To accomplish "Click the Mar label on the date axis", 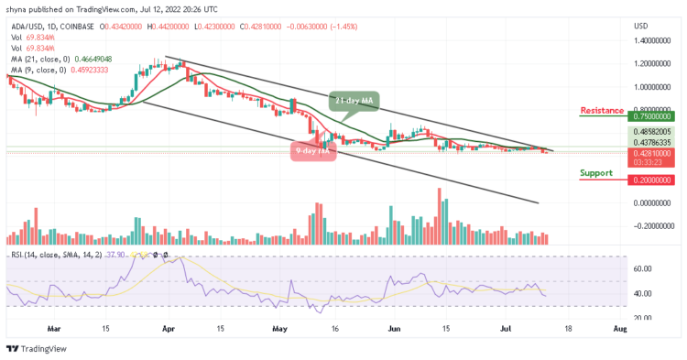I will [x=55, y=327].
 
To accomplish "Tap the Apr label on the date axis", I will [x=167, y=327].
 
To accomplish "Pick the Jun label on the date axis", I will [x=395, y=327].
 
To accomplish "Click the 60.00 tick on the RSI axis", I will [x=643, y=268].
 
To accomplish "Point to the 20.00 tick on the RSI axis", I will [x=643, y=317].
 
